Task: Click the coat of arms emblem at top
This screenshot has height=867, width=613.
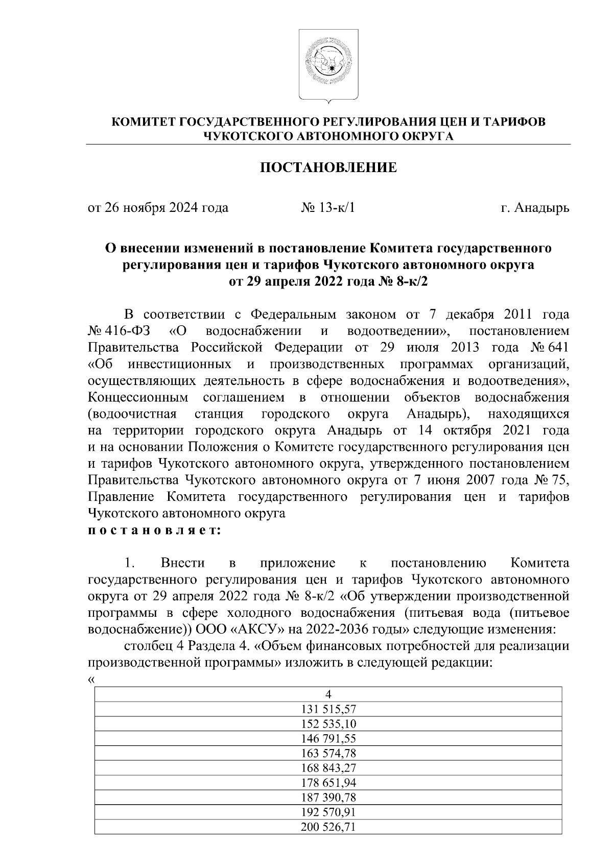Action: [328, 63]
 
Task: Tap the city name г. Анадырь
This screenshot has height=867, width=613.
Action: [535, 208]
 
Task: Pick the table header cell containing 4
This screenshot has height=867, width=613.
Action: [328, 694]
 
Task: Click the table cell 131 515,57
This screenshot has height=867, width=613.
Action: [328, 709]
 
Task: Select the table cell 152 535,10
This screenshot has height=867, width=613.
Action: [328, 724]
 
